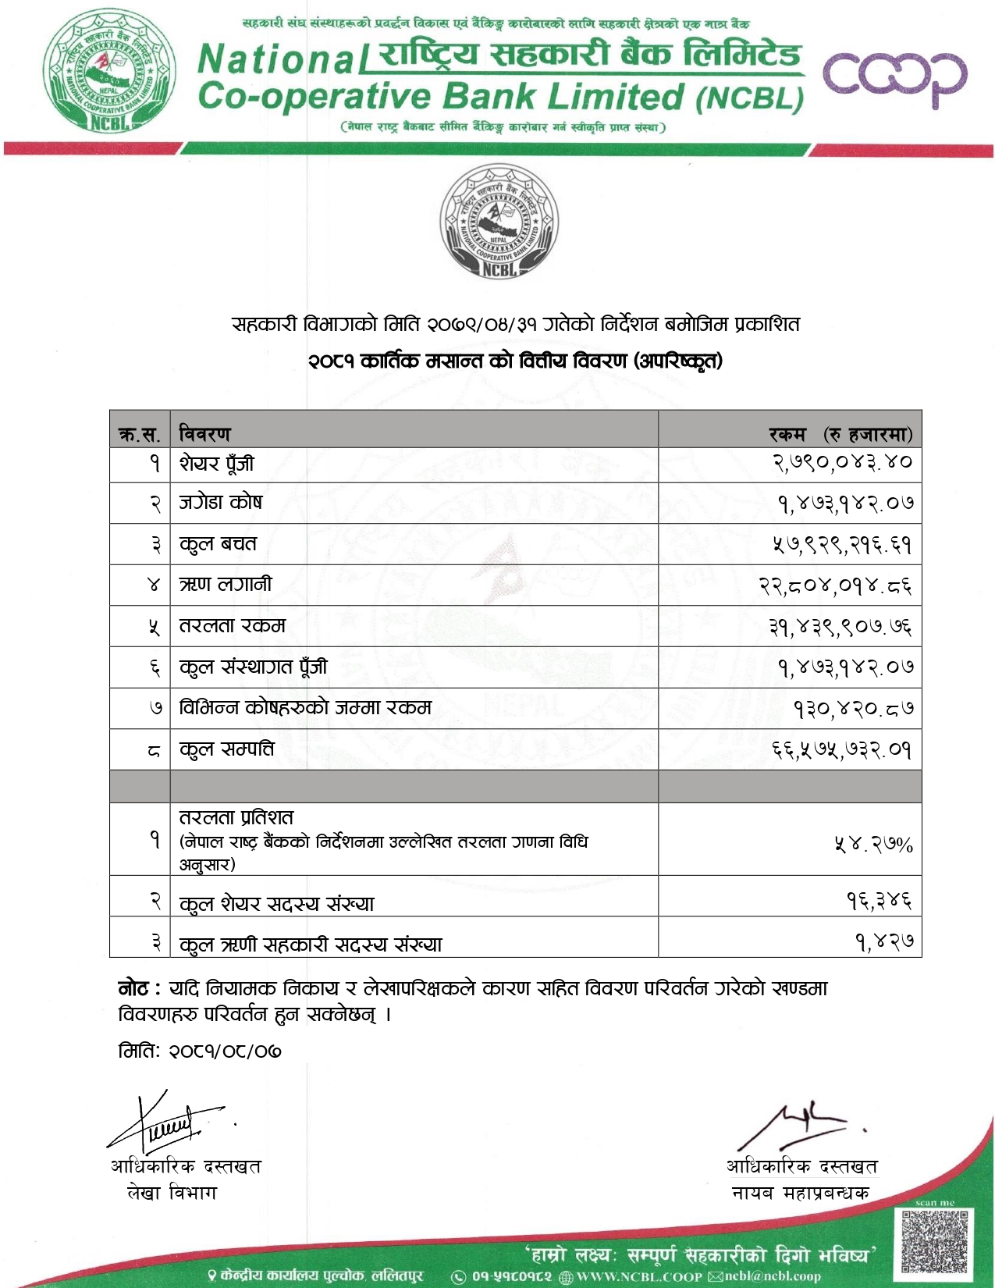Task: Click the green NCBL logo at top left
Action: (109, 70)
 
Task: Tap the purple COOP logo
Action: (894, 78)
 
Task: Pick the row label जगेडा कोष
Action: (221, 503)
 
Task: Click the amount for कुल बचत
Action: (842, 544)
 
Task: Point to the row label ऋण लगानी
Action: (226, 585)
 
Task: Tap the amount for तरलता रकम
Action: (840, 626)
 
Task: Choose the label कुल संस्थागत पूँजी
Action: (253, 667)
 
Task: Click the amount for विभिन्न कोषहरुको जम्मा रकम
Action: (853, 709)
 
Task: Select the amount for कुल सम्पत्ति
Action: (842, 749)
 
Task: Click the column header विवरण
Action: (205, 433)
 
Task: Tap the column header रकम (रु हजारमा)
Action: (840, 434)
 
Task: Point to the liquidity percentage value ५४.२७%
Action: (873, 844)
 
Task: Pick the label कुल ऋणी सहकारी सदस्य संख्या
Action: (311, 945)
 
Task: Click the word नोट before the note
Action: (133, 989)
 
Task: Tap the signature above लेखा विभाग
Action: (168, 1123)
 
